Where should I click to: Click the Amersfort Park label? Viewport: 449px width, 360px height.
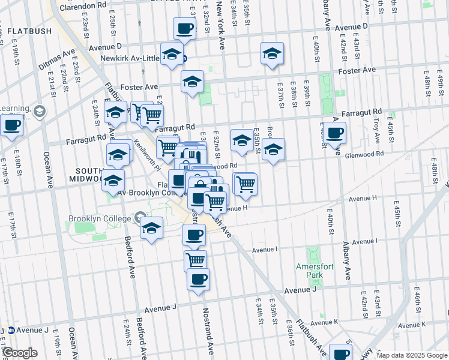(x=309, y=271)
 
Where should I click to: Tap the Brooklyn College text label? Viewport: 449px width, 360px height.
(x=100, y=218)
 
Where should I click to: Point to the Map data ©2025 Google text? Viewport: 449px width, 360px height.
(x=411, y=355)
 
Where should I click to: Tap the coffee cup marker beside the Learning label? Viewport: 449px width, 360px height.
(x=12, y=125)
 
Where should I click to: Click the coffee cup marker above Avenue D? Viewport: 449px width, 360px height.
(x=184, y=28)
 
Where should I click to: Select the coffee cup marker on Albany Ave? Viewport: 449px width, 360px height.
(x=336, y=133)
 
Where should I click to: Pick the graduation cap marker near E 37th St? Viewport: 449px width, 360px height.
(x=272, y=53)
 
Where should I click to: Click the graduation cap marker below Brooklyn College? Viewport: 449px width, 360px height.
(x=152, y=228)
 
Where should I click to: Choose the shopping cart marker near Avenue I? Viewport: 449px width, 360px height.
(x=195, y=261)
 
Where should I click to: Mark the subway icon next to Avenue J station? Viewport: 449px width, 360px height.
(x=11, y=330)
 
